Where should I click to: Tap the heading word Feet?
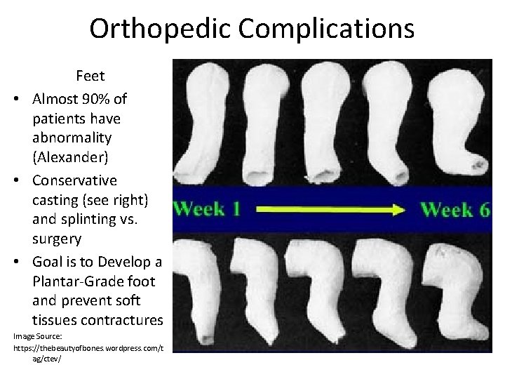(90, 76)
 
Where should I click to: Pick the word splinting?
(105, 219)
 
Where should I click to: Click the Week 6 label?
(454, 209)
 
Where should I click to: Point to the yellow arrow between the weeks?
(330, 209)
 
